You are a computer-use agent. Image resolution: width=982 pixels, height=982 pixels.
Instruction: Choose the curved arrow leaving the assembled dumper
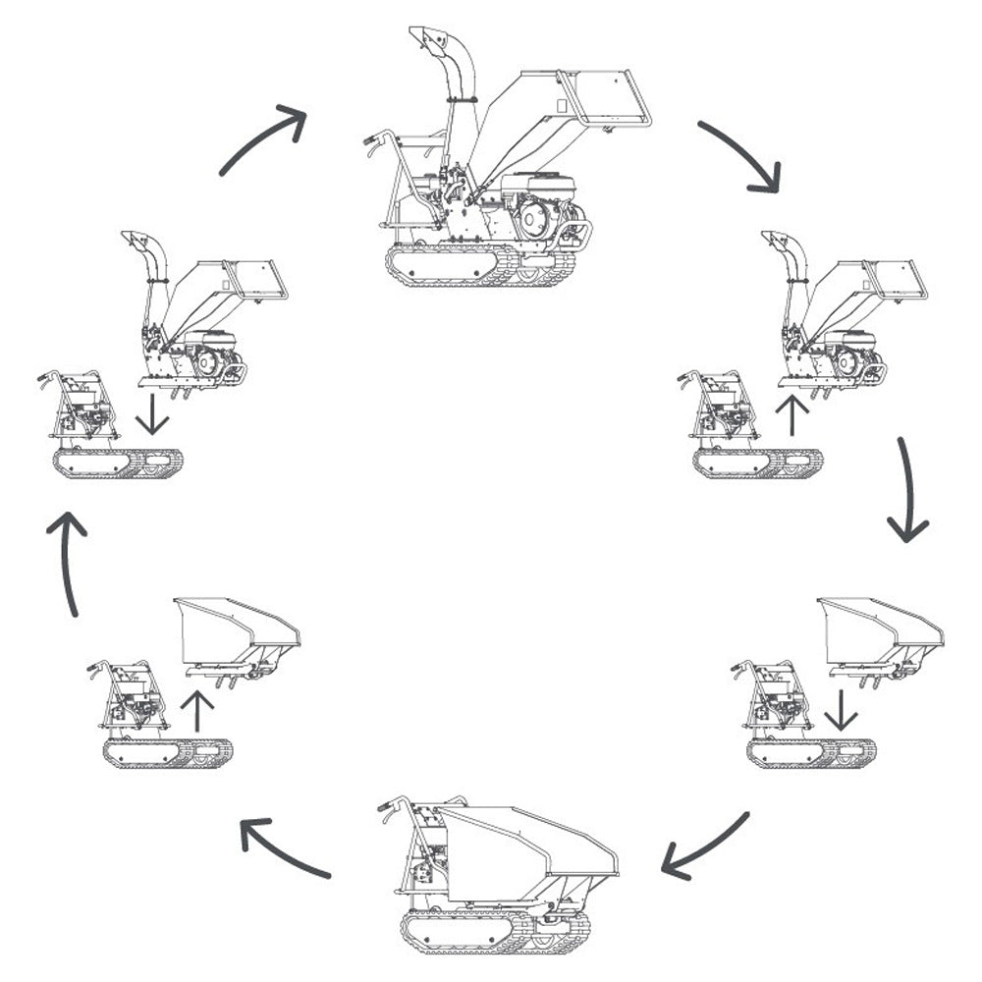pos(285,849)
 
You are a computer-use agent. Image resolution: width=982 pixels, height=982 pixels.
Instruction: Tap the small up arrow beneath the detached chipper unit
pos(792,415)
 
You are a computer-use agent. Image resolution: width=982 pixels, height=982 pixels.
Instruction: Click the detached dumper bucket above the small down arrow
pos(879,633)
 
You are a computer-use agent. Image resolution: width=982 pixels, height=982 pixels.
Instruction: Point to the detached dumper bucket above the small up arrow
pos(236,633)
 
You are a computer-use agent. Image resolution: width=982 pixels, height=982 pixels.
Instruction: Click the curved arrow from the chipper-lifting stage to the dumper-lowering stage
pos(908,491)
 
